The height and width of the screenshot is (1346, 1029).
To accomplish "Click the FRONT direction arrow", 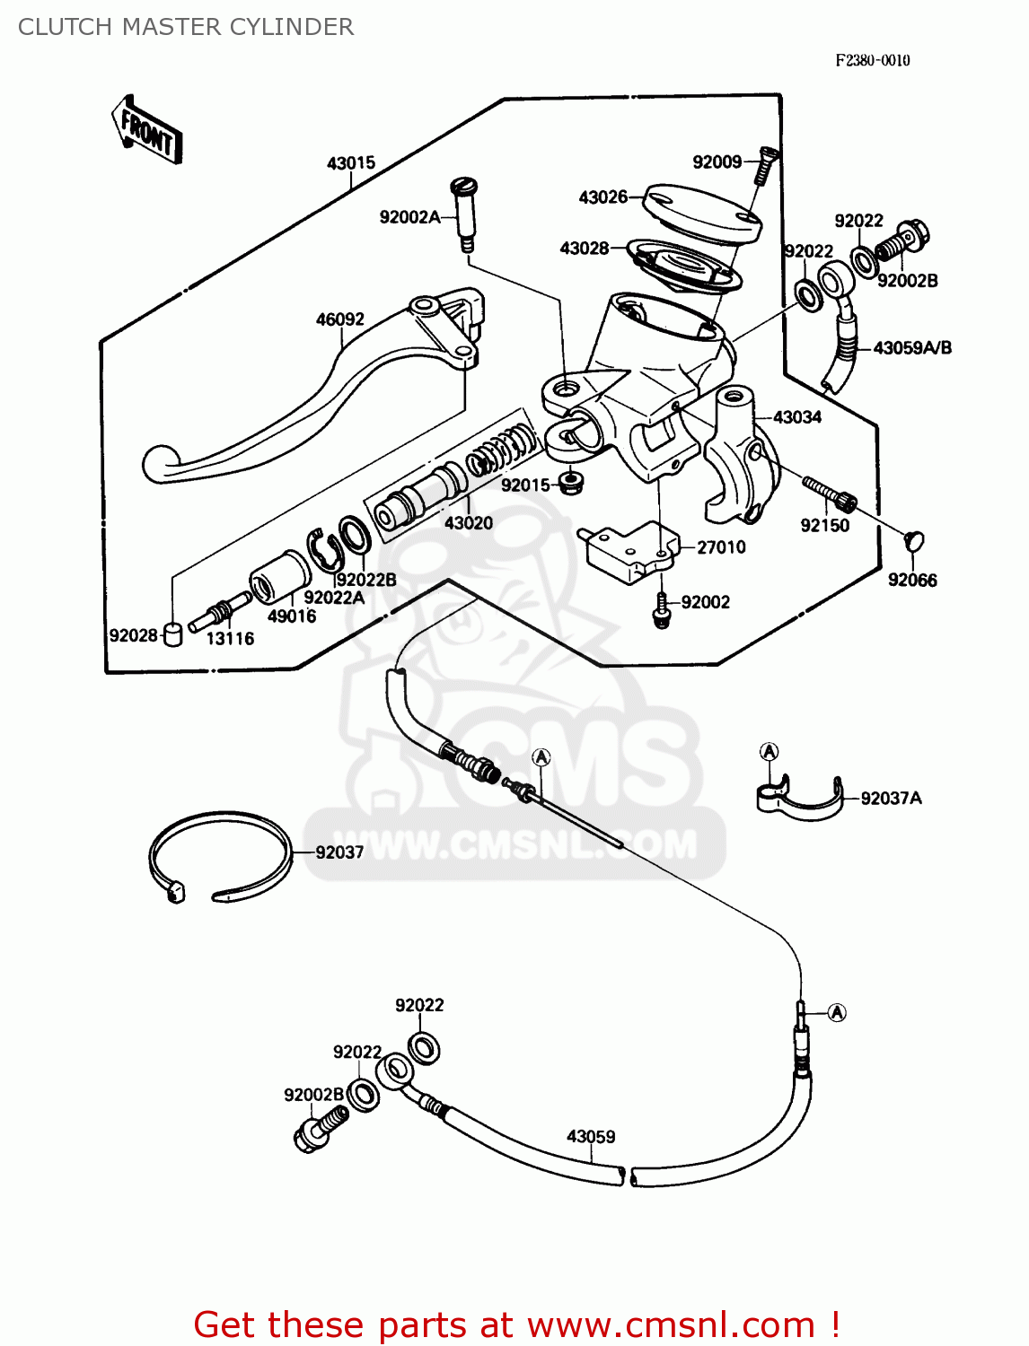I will point(147,130).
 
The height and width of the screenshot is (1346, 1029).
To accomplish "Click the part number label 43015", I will point(351,163).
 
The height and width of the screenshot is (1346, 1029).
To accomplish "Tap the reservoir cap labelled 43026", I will point(702,212).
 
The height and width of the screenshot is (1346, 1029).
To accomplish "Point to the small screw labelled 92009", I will point(764,165).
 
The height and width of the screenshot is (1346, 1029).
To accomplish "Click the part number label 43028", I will point(585,249).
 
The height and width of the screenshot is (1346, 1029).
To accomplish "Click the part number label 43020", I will point(468,523).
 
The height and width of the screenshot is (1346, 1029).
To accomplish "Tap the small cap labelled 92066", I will point(915,542).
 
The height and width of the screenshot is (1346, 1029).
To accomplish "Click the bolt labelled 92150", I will point(831,493).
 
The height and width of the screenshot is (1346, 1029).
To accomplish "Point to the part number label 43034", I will point(797,417).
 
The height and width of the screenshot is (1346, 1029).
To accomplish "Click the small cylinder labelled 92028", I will point(173,634).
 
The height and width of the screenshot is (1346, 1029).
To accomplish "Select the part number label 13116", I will point(230,639).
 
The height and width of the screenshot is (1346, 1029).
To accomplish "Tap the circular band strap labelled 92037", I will point(220,857).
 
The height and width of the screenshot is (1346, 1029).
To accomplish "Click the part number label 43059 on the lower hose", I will point(591,1137).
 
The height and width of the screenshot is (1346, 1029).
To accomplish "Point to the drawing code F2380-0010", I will point(873,60).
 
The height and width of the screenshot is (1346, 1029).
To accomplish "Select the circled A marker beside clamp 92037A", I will point(769,752).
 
